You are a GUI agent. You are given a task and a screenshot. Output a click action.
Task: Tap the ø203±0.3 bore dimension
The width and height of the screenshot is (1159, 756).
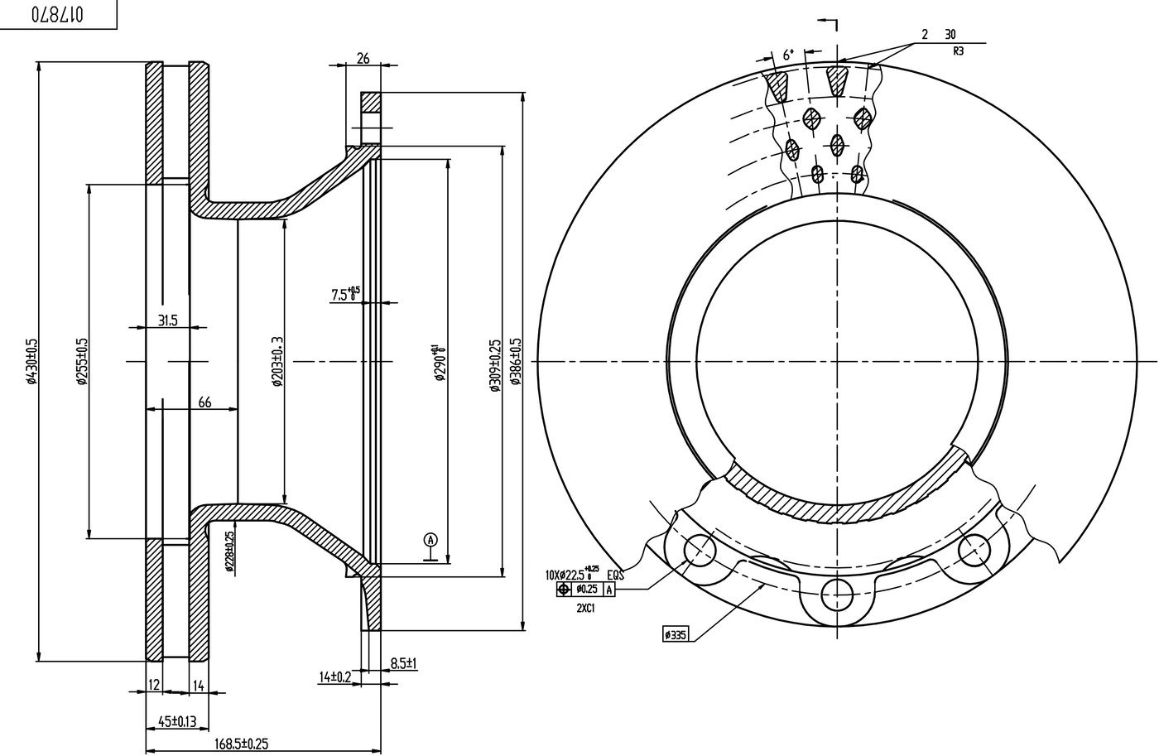click(x=277, y=362)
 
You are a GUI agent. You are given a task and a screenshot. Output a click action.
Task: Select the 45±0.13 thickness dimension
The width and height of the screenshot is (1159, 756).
click(x=172, y=721)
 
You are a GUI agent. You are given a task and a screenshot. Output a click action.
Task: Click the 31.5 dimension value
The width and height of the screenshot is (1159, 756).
click(x=168, y=320)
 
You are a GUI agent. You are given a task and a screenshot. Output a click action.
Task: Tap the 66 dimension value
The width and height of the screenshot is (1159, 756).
click(x=204, y=403)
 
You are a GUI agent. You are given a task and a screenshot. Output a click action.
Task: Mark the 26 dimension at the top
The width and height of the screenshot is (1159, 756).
click(x=363, y=58)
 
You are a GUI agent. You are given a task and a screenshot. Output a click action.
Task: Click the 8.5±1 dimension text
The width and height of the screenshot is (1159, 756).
click(x=403, y=663)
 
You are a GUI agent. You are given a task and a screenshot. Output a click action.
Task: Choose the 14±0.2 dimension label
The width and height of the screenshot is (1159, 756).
click(x=335, y=677)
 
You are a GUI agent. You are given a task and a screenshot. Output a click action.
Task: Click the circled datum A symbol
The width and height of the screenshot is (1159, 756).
click(x=430, y=540)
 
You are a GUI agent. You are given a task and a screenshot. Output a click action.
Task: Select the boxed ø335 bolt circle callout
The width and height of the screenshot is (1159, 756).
click(x=676, y=635)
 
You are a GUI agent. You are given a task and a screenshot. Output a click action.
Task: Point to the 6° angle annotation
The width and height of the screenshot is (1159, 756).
click(x=788, y=55)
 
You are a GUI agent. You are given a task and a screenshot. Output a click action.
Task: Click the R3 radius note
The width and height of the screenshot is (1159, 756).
click(x=959, y=51)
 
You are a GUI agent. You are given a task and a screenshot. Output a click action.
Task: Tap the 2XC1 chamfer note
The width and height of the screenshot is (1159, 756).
click(x=587, y=607)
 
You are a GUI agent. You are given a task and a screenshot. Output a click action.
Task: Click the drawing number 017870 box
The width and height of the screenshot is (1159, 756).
click(x=58, y=14)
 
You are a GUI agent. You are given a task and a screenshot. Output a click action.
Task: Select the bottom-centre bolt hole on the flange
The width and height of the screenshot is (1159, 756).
click(x=837, y=593)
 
